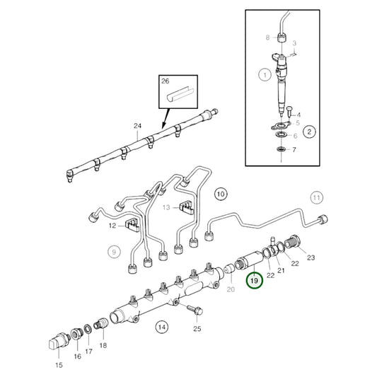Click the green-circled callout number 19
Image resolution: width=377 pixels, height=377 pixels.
click(x=253, y=282)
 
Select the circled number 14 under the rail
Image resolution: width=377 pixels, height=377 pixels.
click(x=162, y=327)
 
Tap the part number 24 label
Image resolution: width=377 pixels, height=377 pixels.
click(x=137, y=127)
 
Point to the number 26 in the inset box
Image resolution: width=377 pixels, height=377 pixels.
click(x=166, y=82)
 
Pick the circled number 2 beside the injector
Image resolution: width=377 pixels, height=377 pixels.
click(x=309, y=131)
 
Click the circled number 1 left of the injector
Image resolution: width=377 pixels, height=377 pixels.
click(x=264, y=74)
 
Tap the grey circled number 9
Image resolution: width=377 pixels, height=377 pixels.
click(x=113, y=250)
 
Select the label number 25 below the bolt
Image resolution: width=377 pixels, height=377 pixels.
click(x=197, y=329)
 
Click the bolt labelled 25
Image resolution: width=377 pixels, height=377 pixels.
click(x=191, y=309)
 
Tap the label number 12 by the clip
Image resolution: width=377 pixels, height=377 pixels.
click(x=112, y=226)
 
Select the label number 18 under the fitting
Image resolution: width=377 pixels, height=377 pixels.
click(x=103, y=345)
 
